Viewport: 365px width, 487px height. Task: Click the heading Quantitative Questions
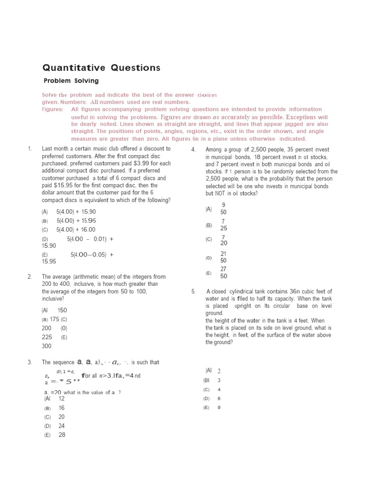tap(101, 68)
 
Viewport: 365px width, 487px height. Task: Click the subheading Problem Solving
tap(71, 81)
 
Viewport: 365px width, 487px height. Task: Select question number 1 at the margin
tap(29, 149)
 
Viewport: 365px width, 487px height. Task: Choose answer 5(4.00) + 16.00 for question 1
tap(76, 229)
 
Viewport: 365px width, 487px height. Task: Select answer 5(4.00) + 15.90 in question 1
tap(76, 212)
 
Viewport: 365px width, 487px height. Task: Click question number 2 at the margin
tap(29, 277)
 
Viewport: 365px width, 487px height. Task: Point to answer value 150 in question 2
tap(62, 310)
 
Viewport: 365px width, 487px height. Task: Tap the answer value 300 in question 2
tap(47, 346)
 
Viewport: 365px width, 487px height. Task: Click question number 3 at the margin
tap(29, 362)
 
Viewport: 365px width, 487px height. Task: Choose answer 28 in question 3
tap(62, 435)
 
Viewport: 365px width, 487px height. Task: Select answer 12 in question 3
tap(62, 399)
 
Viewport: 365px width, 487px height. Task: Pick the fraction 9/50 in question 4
tap(223, 208)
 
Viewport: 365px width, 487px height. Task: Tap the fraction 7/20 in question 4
tap(223, 240)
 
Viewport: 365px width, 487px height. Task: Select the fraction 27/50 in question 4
tap(223, 273)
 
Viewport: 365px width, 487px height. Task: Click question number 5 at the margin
tap(193, 292)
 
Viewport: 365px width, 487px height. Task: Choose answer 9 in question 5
tap(219, 408)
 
